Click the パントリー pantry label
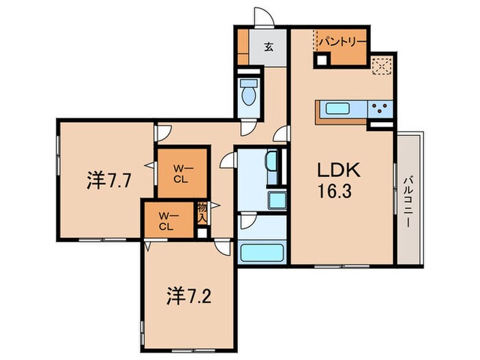click(x=343, y=42)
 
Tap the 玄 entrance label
click(x=269, y=47)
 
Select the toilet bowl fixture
click(x=248, y=92)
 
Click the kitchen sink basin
click(x=337, y=108)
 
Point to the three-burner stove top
click(x=380, y=108)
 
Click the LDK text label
click(x=339, y=170)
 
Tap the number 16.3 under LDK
click(x=335, y=191)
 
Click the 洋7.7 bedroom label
click(x=109, y=181)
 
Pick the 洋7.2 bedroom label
click(x=189, y=296)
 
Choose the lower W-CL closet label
click(x=167, y=221)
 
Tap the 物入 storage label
click(x=202, y=213)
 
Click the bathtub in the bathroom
click(x=262, y=252)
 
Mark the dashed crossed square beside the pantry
click(x=382, y=66)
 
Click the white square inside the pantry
click(x=322, y=60)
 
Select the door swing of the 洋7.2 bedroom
click(x=223, y=247)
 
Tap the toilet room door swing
click(x=248, y=128)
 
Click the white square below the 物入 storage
click(x=202, y=233)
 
